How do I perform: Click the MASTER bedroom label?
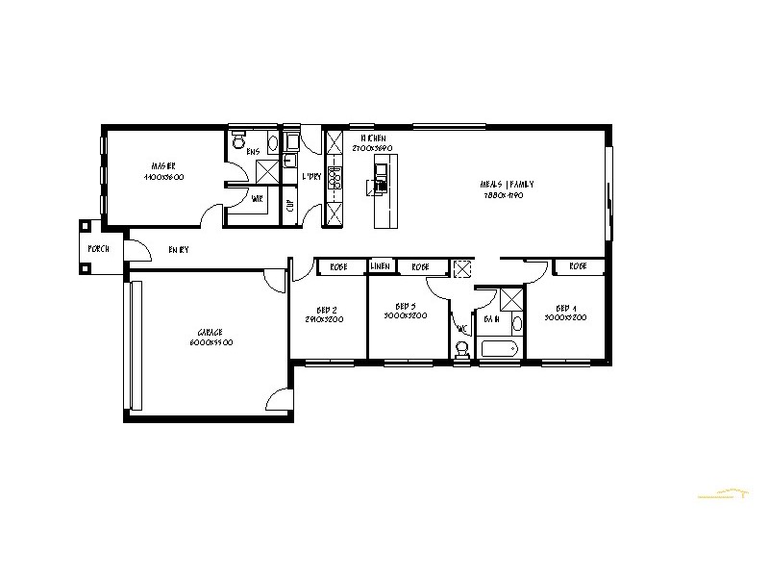163,164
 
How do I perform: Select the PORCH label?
97,248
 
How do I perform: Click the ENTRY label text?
179,249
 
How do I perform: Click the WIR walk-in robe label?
257,200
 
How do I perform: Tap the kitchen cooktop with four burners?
335,179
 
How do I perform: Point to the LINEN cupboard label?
380,265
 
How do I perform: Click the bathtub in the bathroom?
499,348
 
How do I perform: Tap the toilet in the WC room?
462,352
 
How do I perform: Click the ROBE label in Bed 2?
338,265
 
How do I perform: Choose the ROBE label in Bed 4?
578,265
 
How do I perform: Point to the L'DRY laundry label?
310,177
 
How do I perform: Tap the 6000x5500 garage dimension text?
210,342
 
